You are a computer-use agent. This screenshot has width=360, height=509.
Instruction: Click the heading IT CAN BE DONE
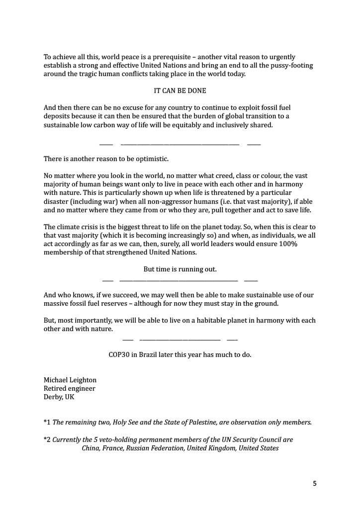tap(180, 91)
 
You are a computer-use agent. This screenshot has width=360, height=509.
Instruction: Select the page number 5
tap(314, 483)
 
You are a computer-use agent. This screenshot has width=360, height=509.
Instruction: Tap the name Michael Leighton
tap(70, 380)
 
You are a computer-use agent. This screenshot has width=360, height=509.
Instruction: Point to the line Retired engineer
tap(70, 389)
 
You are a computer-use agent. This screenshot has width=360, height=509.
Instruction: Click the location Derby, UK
tap(59, 397)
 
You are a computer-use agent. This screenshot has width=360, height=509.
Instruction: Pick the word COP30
tap(119, 355)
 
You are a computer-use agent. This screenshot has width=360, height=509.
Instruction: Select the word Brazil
tap(153, 355)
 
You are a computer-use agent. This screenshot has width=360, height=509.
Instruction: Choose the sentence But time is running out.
tap(180, 269)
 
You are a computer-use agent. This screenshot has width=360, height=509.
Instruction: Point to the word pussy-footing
tap(292, 66)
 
